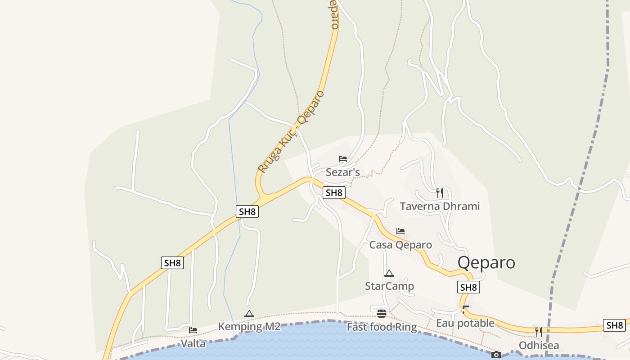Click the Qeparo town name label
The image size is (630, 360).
coord(486,262)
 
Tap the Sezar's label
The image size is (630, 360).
coord(343,172)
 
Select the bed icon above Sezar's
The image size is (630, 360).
coord(343,159)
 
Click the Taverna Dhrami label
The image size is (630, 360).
coord(440,207)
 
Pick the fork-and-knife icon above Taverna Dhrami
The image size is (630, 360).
coord(440,193)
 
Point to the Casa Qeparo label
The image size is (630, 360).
coord(400,245)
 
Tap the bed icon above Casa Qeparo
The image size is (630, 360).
coord(400,231)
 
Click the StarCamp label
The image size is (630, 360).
coord(389,286)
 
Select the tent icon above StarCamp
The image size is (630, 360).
coord(389,273)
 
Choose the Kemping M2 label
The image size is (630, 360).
coord(249,327)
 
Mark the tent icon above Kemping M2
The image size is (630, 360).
coord(249,314)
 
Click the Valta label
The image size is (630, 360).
coord(193,344)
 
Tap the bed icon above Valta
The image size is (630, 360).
coord(193,330)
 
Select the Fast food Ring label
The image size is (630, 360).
coord(382,327)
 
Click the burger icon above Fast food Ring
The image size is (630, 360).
coord(382,314)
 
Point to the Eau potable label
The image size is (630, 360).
coord(465,323)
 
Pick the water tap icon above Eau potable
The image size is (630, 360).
coord(465,310)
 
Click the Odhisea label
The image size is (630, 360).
coord(539,346)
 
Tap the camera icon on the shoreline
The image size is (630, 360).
coord(496,355)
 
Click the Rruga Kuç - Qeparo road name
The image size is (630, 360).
coord(291,131)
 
